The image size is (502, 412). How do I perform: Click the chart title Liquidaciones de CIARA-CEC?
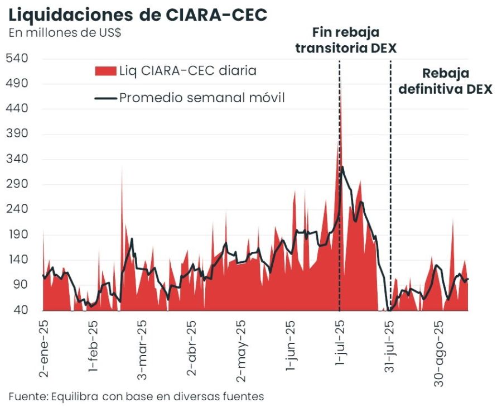pos(138,15)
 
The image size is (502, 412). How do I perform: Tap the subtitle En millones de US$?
pos(65,32)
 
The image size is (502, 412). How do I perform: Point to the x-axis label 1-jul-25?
pos(340,346)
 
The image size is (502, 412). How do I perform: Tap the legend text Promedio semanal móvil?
pos(202,98)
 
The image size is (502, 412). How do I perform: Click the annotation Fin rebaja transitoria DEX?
pos(346,40)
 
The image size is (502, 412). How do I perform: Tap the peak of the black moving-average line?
pos(342,167)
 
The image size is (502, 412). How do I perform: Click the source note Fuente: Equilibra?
pos(136,396)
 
